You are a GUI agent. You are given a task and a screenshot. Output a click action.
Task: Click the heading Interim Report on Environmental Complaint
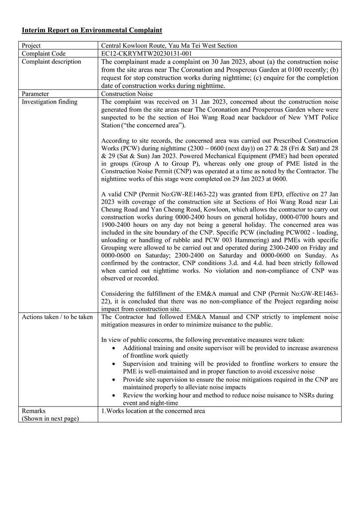92,30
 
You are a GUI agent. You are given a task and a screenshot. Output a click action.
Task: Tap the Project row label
31,46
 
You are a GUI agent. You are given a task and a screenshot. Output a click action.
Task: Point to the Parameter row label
35,94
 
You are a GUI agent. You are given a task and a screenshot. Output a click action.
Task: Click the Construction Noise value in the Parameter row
127,94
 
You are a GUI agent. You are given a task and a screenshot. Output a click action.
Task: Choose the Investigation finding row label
49,102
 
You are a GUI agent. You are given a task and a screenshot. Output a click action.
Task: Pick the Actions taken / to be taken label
57,317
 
